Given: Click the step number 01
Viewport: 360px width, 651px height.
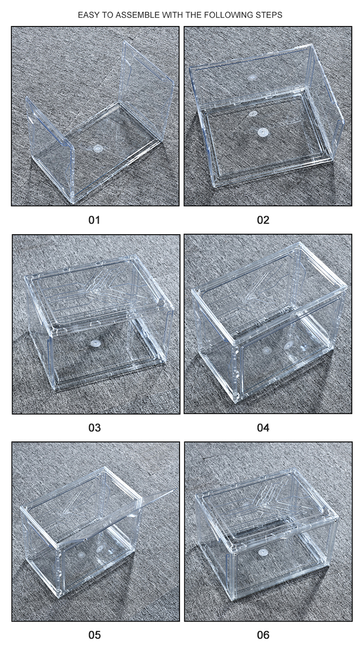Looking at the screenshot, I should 95,220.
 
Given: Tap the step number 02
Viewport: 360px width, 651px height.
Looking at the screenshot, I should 263,220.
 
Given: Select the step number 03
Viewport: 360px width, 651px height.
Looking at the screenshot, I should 95,427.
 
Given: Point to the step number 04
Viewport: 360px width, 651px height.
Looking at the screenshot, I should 263,427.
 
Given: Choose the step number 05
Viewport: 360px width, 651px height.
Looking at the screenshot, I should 95,635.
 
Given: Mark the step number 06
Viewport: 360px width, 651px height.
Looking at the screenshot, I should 263,635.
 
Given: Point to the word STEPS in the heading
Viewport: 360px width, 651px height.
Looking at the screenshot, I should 270,15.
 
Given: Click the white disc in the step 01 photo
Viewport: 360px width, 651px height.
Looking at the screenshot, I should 98,149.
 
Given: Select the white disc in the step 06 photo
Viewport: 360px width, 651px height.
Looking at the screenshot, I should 263,552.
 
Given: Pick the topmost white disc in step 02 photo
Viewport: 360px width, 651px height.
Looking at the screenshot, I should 252,77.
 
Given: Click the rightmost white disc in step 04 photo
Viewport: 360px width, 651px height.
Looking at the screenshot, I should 289,345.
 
